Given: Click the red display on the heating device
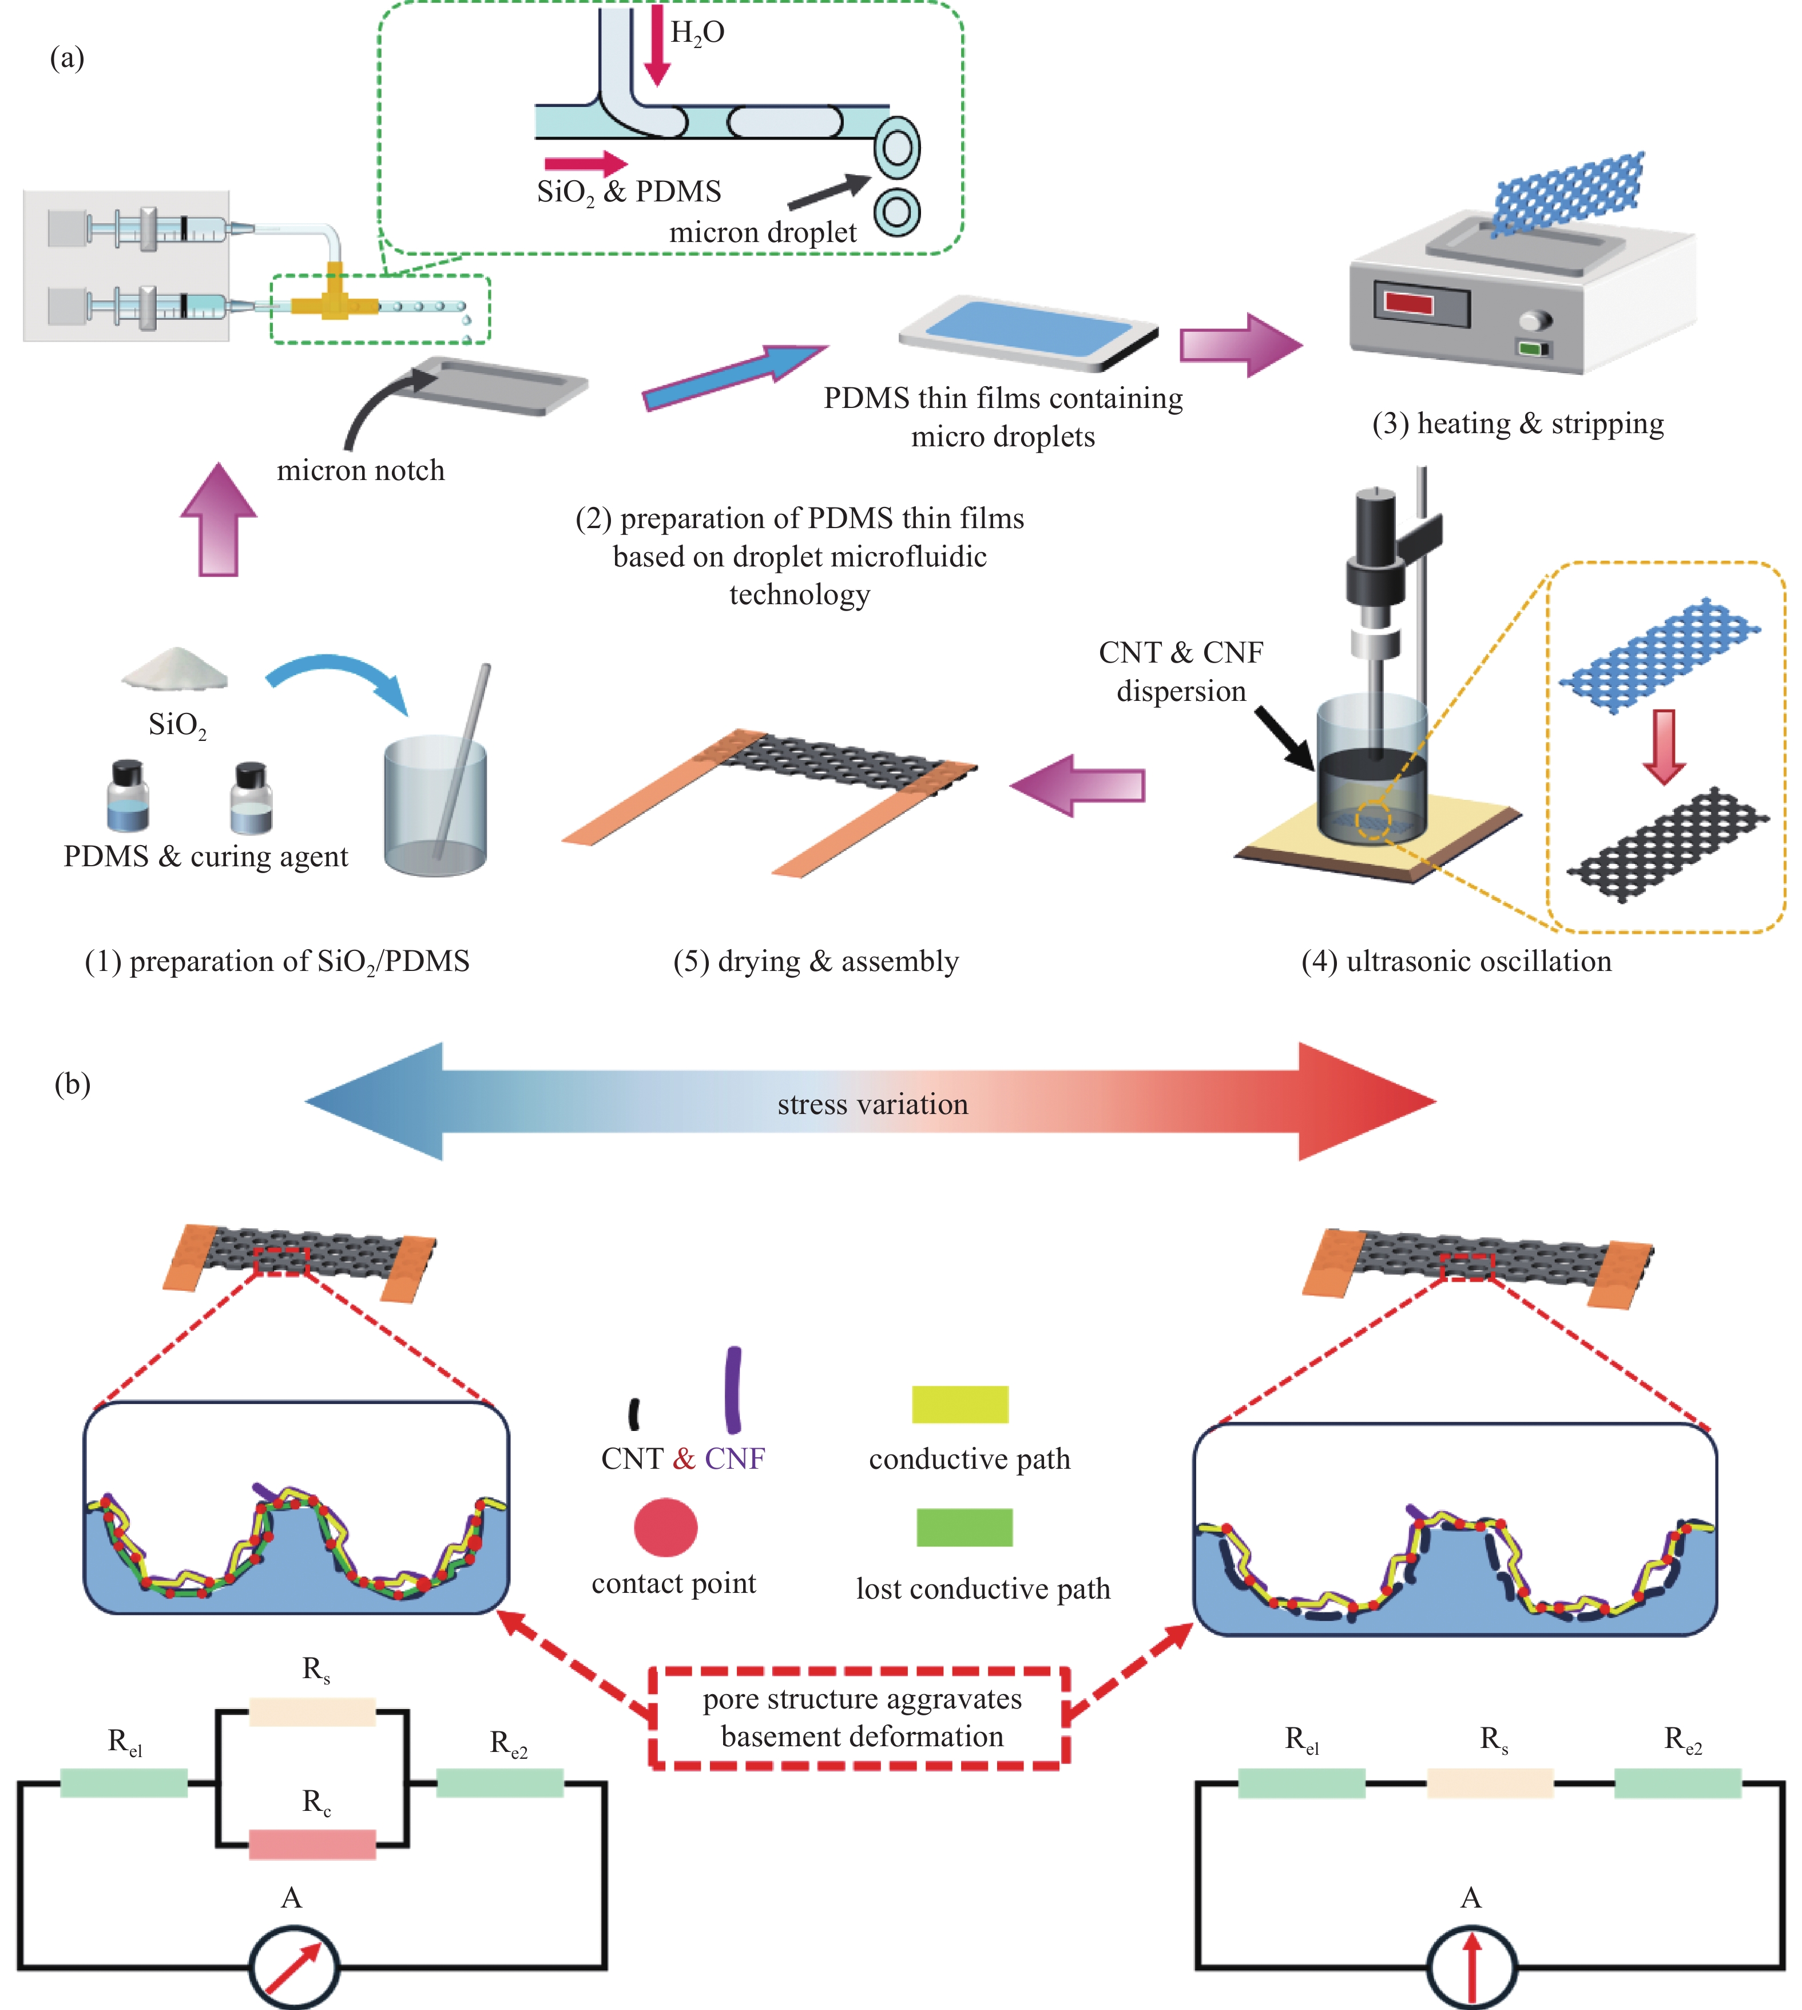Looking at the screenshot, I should point(1409,302).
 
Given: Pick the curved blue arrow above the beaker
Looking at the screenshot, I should point(336,678).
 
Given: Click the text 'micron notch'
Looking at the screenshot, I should point(360,470).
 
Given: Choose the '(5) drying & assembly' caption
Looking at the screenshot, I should point(816,961).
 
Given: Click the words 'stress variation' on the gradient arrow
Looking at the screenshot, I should point(872,1104).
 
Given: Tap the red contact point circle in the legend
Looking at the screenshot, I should point(665,1527).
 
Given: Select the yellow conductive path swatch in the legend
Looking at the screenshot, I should point(959,1404).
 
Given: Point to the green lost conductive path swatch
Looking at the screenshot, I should point(964,1527).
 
